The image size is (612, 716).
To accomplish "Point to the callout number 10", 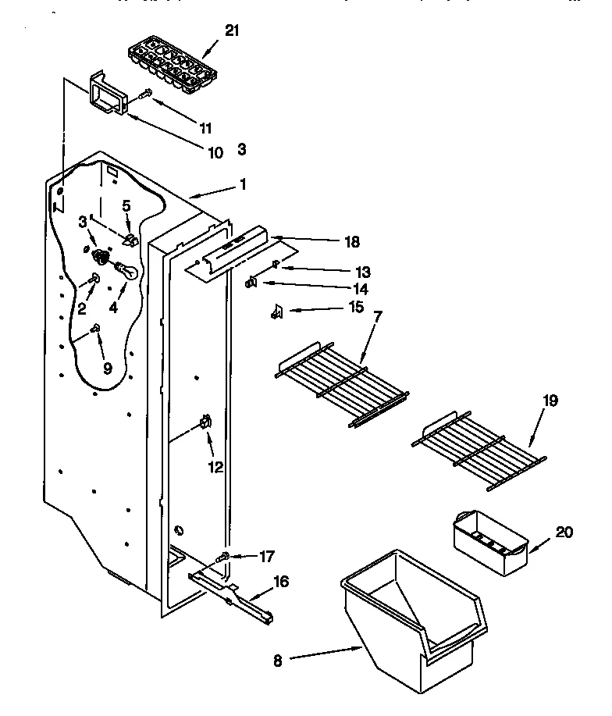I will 215,152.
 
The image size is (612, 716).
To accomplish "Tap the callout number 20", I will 564,533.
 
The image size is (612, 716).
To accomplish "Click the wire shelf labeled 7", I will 343,380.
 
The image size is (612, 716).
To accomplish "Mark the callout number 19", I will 551,401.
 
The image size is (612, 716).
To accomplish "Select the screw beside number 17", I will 222,557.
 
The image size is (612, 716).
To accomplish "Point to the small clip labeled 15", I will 275,312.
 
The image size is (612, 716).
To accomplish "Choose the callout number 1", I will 243,185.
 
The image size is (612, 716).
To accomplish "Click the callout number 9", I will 108,368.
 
